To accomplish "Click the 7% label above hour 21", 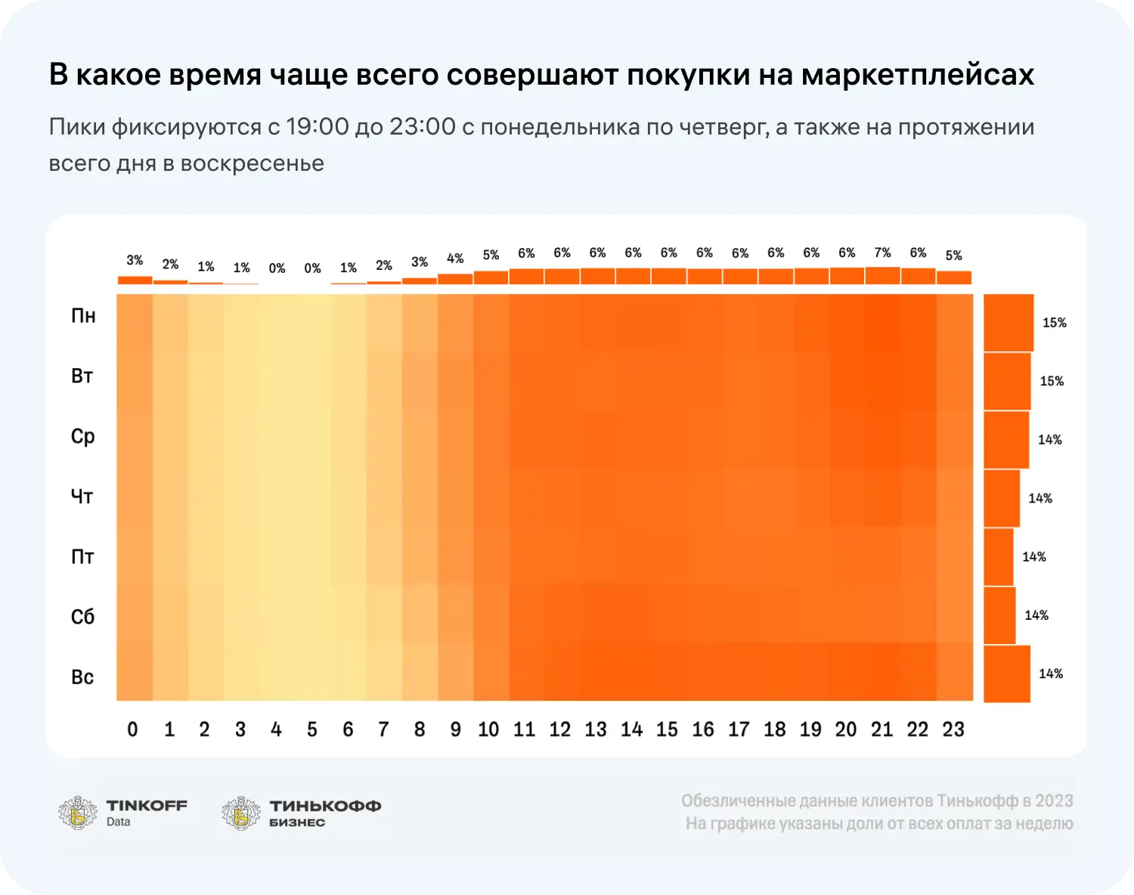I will coord(882,252).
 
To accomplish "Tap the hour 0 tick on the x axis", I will coord(133,729).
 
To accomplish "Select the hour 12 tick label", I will coord(560,729).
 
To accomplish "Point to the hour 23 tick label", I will coord(953,729).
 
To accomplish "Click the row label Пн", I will coord(83,316).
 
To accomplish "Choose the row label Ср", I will coord(83,437).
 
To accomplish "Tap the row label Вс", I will coord(83,677).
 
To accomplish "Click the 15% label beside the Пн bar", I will coord(1054,323).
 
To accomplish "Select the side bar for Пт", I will coord(999,557).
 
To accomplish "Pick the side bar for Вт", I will coord(1007,381).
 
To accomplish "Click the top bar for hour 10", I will coord(491,277).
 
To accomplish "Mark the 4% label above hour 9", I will coord(455,259).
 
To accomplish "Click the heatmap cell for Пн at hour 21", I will coord(882,323).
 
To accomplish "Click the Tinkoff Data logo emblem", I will coord(78,813).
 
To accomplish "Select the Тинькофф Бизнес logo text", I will coord(325,813).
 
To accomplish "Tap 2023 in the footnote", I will coord(1054,801).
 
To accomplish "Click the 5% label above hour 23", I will coord(953,255).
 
